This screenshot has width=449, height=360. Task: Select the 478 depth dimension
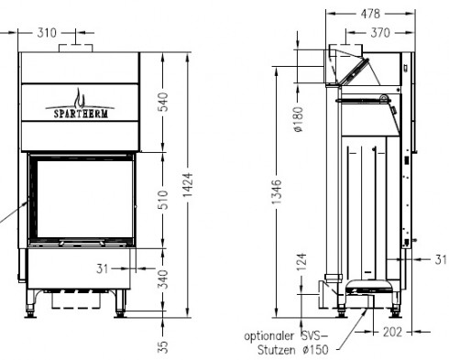click(370, 14)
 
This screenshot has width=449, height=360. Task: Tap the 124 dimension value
click(301, 262)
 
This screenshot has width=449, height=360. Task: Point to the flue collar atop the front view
click(74, 47)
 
